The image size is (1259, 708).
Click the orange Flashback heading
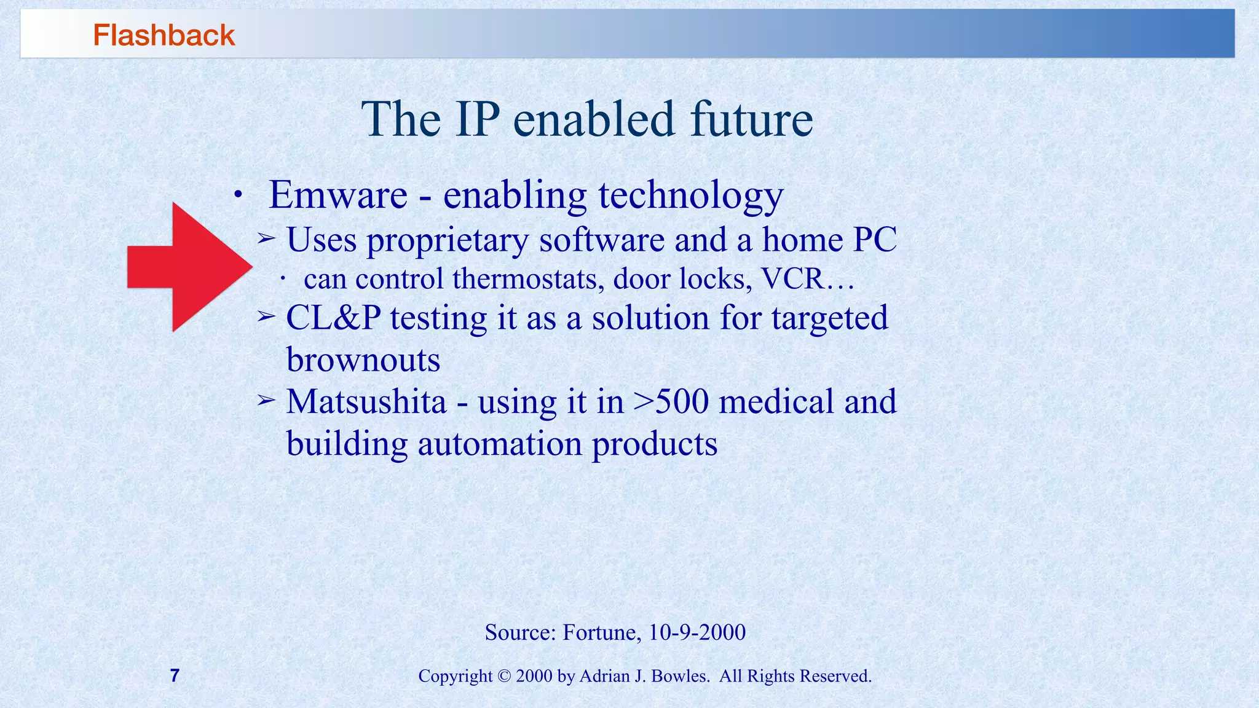(164, 35)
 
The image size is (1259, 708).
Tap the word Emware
(338, 195)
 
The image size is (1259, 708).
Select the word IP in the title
(477, 119)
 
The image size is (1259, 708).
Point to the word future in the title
(751, 119)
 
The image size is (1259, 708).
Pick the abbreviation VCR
(792, 280)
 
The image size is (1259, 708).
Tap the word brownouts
(363, 360)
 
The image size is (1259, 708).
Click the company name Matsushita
(366, 402)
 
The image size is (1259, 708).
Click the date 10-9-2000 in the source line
(697, 632)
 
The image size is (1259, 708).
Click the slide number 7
(175, 675)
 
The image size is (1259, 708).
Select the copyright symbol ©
(504, 676)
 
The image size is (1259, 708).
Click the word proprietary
(448, 240)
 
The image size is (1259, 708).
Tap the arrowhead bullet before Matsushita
(266, 401)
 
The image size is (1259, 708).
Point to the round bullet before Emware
(238, 196)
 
